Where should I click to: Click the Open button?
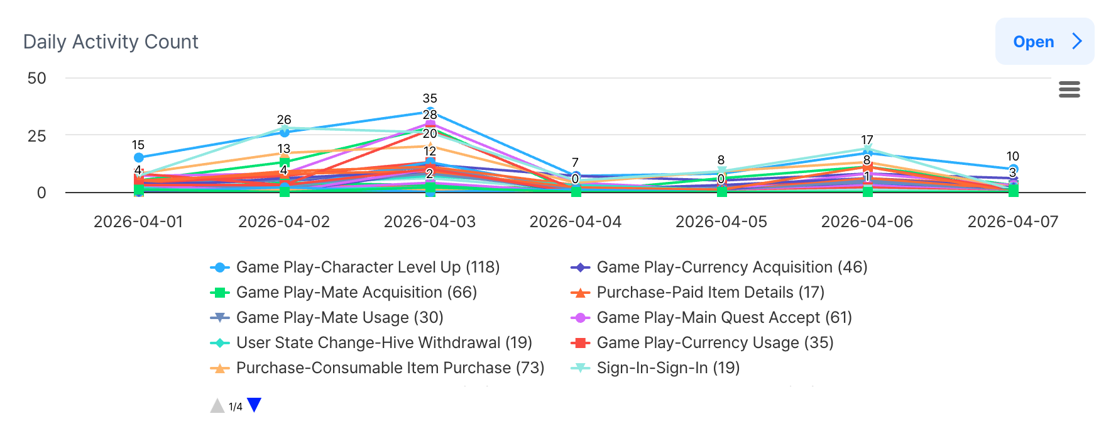coord(1044,42)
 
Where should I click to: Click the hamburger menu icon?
coord(1069,89)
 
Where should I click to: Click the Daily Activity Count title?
coord(111,42)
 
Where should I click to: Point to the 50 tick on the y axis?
coord(37,78)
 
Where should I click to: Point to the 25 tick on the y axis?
coord(37,135)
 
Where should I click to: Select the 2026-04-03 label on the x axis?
coord(430,222)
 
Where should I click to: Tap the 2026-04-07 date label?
coord(1012,222)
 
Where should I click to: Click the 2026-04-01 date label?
coord(138,222)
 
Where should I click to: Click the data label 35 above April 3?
coord(430,98)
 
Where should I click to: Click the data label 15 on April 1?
coord(138,145)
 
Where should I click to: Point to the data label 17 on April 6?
coord(867,140)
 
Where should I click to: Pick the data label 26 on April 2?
coord(284,120)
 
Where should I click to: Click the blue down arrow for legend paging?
coord(254,405)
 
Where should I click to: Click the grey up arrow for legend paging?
coord(217,406)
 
